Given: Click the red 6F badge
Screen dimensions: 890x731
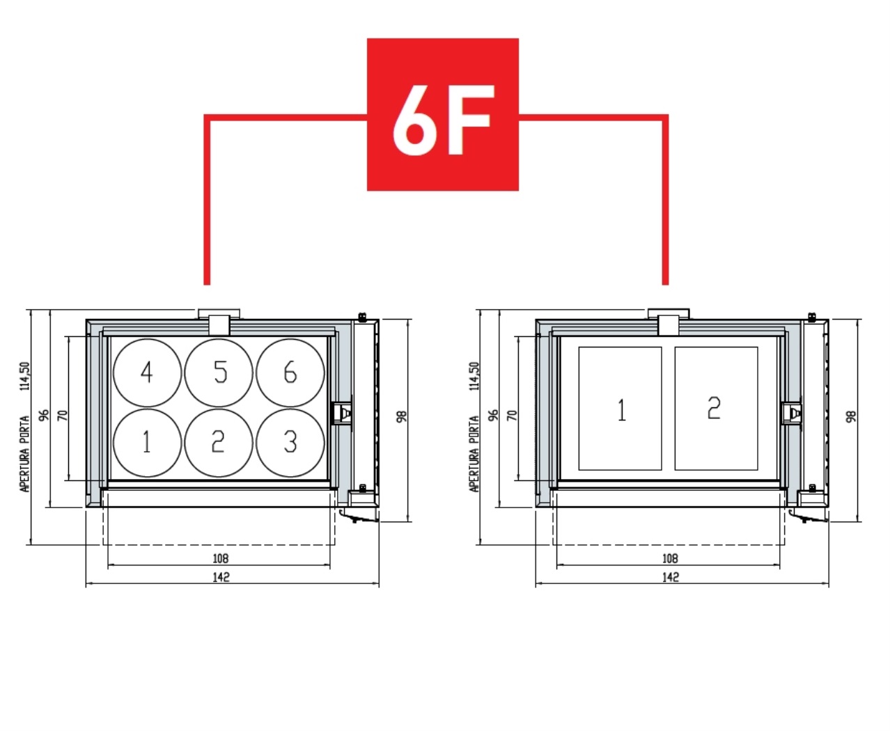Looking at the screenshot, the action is click(x=442, y=114).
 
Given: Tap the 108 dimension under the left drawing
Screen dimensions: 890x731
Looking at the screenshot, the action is click(x=220, y=559).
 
